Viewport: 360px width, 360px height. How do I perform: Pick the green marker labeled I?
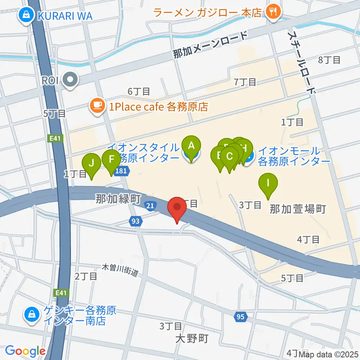pos(268,183)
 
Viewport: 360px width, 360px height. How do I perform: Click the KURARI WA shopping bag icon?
pos(27,15)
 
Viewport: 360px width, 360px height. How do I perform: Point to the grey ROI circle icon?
pos(70,80)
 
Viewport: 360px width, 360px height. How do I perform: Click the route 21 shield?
pos(150,205)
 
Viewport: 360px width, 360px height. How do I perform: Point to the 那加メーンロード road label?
pos(210,45)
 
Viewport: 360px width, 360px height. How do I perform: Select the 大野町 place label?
pos(191,339)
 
